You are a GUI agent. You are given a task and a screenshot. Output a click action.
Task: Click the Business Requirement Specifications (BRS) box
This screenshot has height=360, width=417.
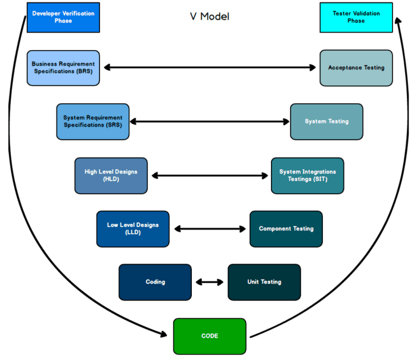point(63,67)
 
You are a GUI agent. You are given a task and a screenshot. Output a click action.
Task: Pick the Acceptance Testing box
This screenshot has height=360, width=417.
point(356,67)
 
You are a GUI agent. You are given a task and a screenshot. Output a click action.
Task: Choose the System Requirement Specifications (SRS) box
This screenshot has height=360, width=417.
point(92,122)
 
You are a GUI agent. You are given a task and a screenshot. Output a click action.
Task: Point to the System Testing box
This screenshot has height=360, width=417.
point(326,122)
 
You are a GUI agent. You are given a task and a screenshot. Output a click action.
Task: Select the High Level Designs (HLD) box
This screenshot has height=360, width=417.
point(111,175)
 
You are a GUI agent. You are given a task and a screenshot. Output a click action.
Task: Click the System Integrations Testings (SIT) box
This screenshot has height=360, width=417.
point(307,175)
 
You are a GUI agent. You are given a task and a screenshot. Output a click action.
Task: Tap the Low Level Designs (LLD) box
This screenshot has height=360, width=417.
point(133,229)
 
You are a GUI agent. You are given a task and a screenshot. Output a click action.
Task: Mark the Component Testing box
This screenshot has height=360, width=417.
point(286,229)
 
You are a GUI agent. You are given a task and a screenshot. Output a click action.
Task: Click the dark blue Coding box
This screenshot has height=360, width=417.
point(155,282)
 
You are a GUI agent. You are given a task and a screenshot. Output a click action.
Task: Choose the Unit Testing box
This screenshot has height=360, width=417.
point(264,282)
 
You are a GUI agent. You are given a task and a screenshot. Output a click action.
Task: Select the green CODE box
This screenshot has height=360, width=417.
point(210,336)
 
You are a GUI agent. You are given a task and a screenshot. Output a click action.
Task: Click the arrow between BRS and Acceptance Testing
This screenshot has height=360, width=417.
point(210,67)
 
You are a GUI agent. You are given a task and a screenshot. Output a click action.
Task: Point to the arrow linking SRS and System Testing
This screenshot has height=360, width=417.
point(210,122)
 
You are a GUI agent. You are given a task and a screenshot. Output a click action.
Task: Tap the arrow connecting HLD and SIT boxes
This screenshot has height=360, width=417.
point(210,175)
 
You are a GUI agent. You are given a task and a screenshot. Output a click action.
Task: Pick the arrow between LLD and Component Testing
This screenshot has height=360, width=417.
point(210,229)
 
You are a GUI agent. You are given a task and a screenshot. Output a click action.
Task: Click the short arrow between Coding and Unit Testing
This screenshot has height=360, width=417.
point(210,282)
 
